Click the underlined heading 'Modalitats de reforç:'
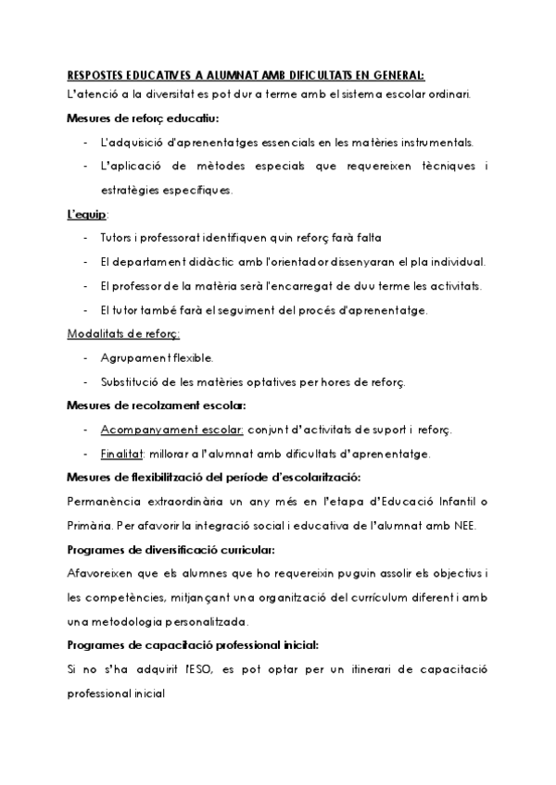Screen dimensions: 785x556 tap(123, 333)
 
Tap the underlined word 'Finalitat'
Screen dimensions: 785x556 tap(121, 454)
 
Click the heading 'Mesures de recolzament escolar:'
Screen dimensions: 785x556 tap(157, 405)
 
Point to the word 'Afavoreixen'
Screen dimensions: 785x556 tap(103, 574)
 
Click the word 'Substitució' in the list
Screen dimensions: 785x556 tap(128, 381)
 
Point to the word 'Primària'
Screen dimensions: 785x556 tap(89, 526)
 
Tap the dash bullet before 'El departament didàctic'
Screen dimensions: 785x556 tap(85, 262)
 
